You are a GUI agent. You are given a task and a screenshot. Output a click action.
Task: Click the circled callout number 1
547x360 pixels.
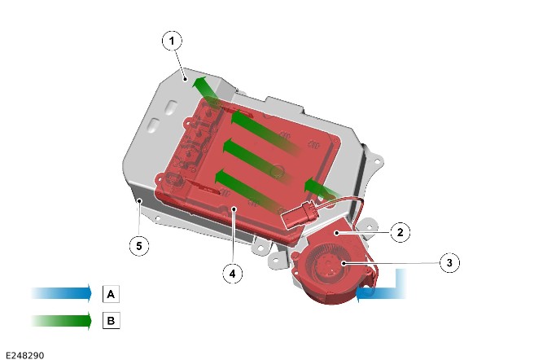point(172,41)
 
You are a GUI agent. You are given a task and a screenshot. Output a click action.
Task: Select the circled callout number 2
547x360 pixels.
point(400,232)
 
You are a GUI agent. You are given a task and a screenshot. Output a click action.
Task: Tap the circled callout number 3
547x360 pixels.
point(449,262)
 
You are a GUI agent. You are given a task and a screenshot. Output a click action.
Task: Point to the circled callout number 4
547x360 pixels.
point(233,274)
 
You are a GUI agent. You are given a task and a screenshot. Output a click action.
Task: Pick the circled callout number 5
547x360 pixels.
point(139,246)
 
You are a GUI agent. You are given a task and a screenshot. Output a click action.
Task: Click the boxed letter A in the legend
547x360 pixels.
point(111,294)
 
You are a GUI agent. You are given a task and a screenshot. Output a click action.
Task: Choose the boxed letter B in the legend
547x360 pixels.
point(111,320)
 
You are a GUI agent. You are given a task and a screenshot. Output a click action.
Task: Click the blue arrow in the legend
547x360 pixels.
point(61,293)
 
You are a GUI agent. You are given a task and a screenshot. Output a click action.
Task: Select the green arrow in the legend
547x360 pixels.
point(61,320)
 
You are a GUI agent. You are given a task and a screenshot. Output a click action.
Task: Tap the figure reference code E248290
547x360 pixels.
point(25,355)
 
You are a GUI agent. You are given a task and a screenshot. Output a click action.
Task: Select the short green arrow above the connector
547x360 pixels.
point(322,189)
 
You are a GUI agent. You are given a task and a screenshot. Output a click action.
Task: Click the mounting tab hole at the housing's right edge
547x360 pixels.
point(377,161)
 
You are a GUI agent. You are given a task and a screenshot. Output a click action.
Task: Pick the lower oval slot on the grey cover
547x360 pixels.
point(154,124)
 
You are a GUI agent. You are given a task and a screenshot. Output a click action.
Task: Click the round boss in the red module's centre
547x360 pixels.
point(277,170)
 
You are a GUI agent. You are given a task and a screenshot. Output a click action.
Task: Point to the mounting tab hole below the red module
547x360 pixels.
point(260,248)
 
